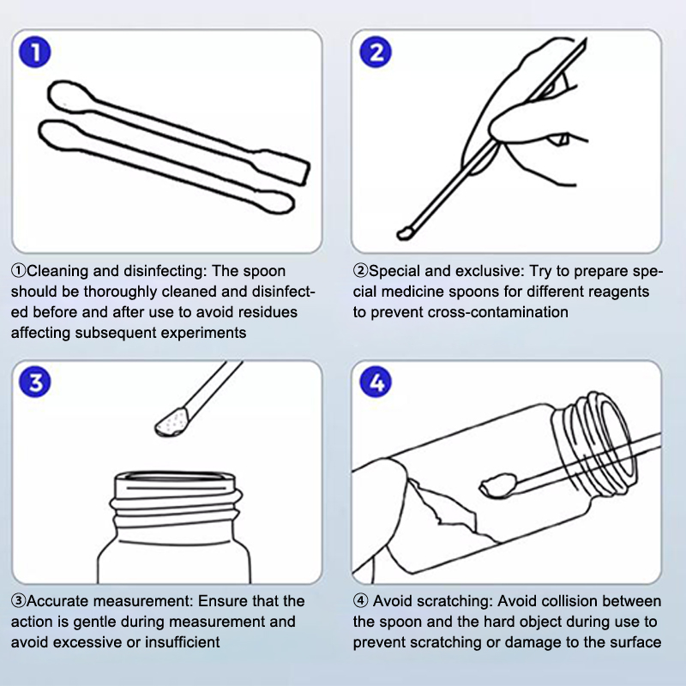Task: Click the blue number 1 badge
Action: click(35, 52)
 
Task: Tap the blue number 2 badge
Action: click(376, 52)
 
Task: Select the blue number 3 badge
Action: click(35, 382)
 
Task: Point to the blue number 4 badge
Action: click(376, 382)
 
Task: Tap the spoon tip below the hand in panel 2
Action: click(406, 233)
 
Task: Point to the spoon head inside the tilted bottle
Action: click(497, 485)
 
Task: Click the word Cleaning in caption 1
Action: click(58, 271)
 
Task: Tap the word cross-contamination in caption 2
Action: click(498, 312)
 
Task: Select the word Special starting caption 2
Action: click(394, 272)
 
